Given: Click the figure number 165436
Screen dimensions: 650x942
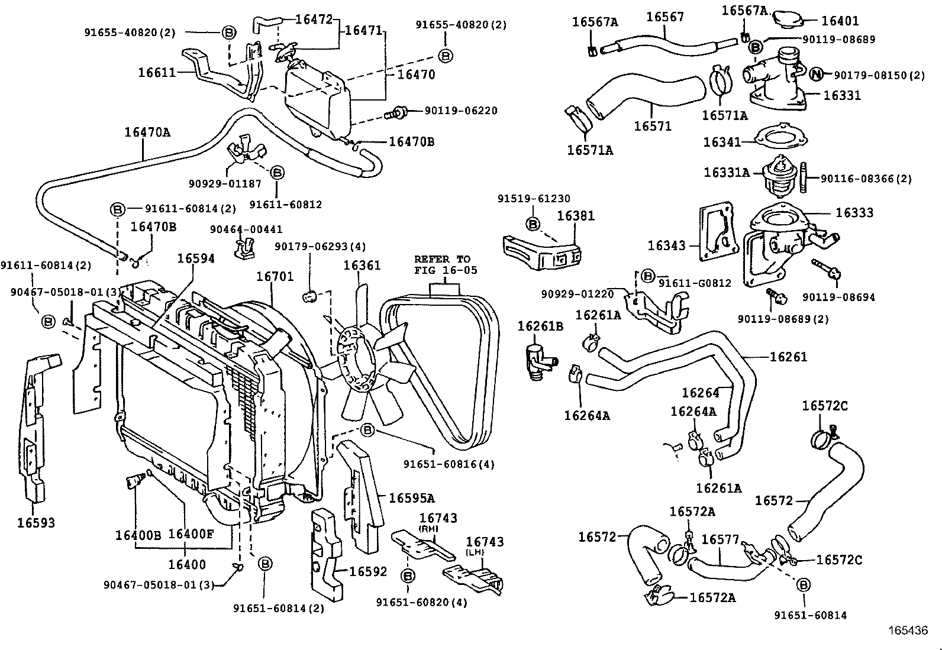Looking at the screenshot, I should (906, 631).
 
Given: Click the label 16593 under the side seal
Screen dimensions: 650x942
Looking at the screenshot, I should (36, 522).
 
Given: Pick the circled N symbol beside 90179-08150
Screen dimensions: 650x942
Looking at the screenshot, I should (816, 74).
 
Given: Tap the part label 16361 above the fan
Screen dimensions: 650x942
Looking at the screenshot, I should (362, 266).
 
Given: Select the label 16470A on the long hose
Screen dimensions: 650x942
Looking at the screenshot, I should (147, 132).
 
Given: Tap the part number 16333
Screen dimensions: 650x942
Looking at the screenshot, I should (854, 212).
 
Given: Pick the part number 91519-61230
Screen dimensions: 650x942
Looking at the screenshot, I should (534, 199).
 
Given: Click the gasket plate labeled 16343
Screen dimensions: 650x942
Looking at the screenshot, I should (718, 234).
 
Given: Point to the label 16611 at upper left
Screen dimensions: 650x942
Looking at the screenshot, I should (157, 73).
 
